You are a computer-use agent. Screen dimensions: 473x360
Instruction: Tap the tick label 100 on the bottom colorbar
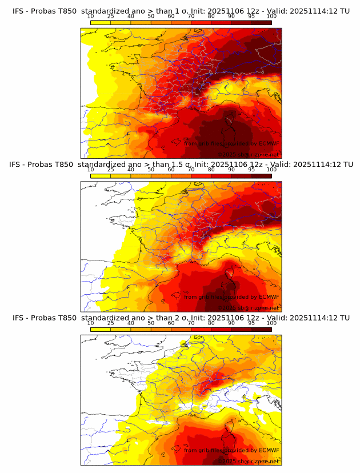(271, 323)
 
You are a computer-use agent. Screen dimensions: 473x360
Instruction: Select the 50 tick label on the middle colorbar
(151, 169)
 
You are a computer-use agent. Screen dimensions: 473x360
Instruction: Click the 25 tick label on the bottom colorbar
(110, 323)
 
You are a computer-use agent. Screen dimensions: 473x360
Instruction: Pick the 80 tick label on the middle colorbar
(211, 169)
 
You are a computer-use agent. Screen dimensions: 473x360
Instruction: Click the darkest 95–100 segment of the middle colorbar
(261, 176)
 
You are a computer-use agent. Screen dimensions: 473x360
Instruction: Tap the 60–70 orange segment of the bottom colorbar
(181, 330)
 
